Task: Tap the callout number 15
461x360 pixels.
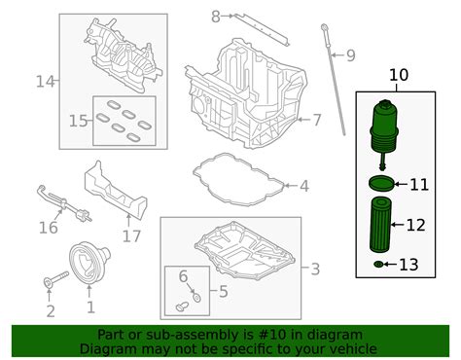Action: (x=78, y=120)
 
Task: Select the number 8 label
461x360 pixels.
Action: (x=217, y=16)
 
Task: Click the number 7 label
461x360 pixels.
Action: (x=315, y=121)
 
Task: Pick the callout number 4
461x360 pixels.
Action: (x=303, y=185)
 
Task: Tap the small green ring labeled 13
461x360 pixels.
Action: (x=378, y=265)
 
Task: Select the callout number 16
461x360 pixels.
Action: (x=48, y=229)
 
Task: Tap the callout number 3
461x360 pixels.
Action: (x=313, y=269)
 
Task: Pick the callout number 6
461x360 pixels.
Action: (x=182, y=277)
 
